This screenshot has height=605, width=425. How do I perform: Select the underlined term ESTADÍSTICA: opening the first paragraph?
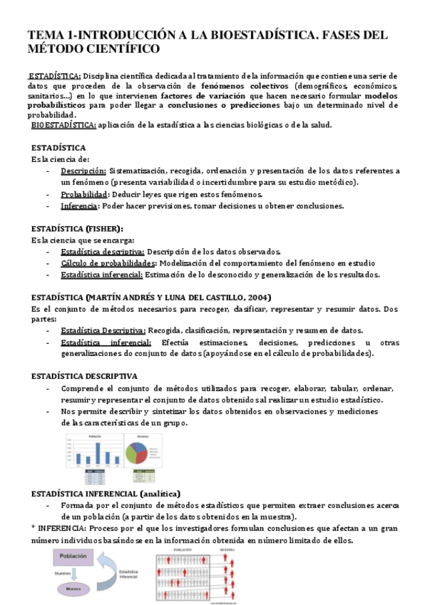[x=55, y=75]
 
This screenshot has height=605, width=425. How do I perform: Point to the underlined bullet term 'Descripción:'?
[x=83, y=171]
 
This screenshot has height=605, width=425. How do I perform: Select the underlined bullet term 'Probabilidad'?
[x=84, y=195]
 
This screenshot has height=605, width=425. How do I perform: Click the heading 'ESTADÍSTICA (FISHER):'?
[x=77, y=228]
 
